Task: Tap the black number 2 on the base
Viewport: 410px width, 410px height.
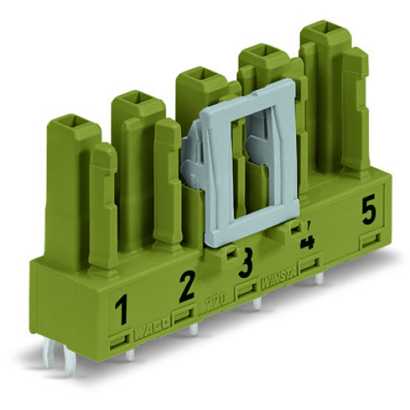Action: click(x=187, y=285)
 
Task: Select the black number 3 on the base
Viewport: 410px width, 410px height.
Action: click(x=244, y=266)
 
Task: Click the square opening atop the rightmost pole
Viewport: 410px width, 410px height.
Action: click(x=321, y=37)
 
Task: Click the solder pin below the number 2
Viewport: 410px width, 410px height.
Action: click(x=194, y=329)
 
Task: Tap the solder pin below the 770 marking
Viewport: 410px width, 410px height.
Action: click(x=257, y=305)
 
